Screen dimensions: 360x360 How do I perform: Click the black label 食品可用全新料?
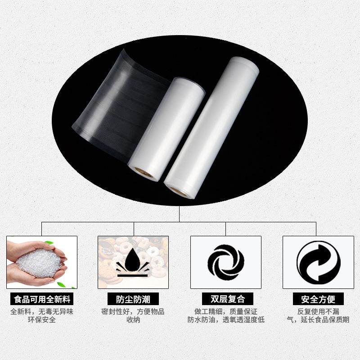(x=42, y=299)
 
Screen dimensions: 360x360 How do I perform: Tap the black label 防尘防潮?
(x=133, y=299)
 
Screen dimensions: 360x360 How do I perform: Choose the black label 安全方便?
(x=318, y=299)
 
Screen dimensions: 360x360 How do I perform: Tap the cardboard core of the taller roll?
(x=179, y=190)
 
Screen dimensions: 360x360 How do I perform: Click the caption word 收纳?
(x=133, y=320)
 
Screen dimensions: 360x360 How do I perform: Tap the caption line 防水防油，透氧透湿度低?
(x=226, y=320)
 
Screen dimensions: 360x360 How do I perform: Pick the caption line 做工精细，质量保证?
(x=226, y=311)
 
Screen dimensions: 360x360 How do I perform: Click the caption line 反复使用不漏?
(x=318, y=311)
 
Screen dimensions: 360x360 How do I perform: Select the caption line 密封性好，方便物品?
(x=133, y=311)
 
